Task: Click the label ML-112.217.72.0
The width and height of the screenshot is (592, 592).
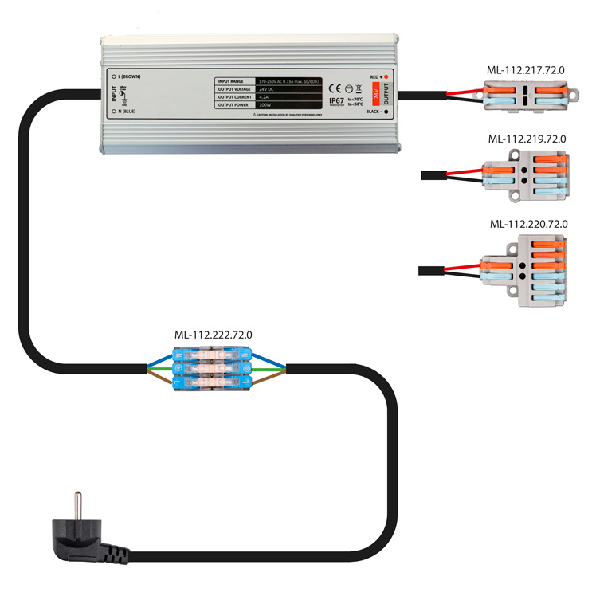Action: [x=526, y=70]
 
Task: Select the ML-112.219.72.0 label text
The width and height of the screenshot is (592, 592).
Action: [x=527, y=139]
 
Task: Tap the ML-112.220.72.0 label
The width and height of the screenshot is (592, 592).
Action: [x=528, y=224]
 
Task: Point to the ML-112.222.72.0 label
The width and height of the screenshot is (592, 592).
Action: [x=213, y=335]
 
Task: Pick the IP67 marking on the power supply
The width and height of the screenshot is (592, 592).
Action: [x=336, y=100]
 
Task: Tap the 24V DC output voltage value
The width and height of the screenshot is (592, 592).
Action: [x=267, y=89]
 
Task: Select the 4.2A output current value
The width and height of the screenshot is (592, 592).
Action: [x=265, y=97]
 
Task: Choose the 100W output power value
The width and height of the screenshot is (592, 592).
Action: [x=265, y=105]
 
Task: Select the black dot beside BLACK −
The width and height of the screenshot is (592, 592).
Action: [x=386, y=112]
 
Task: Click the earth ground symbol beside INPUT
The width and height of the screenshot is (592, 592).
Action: [x=123, y=94]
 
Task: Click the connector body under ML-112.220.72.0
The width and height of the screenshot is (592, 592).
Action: [x=526, y=271]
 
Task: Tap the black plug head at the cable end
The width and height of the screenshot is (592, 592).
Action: [x=84, y=535]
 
